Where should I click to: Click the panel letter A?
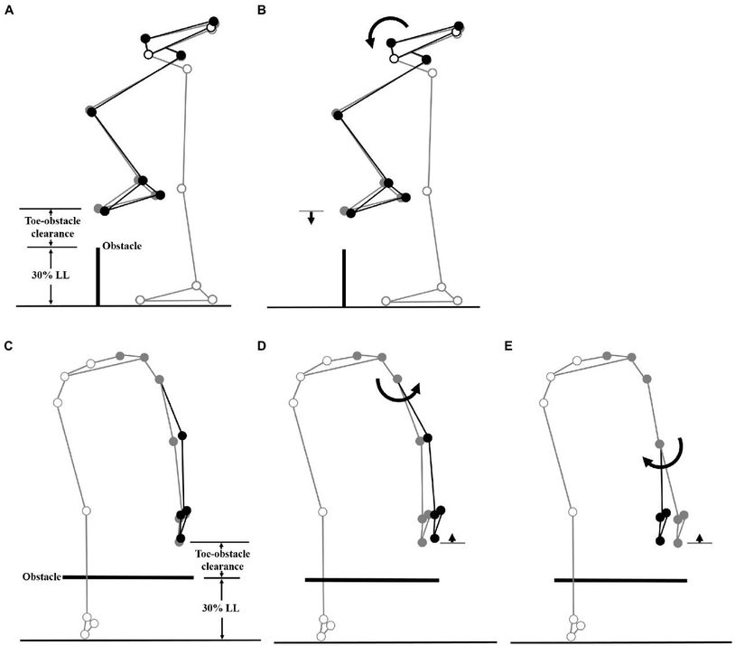(x=8, y=10)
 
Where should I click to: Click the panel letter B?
(x=262, y=10)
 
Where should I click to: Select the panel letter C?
(x=8, y=346)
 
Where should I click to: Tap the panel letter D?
(x=262, y=346)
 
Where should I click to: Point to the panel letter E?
(x=508, y=346)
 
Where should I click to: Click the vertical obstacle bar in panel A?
(x=98, y=276)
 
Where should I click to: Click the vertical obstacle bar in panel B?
(x=344, y=278)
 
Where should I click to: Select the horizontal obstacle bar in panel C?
(x=128, y=576)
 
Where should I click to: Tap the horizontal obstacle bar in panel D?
(x=372, y=580)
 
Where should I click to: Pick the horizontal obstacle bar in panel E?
(x=620, y=580)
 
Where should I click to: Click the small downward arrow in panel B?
(x=311, y=218)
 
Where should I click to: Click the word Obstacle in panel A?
(x=122, y=246)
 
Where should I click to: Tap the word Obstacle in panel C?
(x=42, y=576)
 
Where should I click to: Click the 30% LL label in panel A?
(x=51, y=276)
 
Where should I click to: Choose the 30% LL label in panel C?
(x=221, y=608)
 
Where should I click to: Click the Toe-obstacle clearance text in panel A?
(x=52, y=227)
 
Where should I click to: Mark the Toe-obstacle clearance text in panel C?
(x=222, y=560)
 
